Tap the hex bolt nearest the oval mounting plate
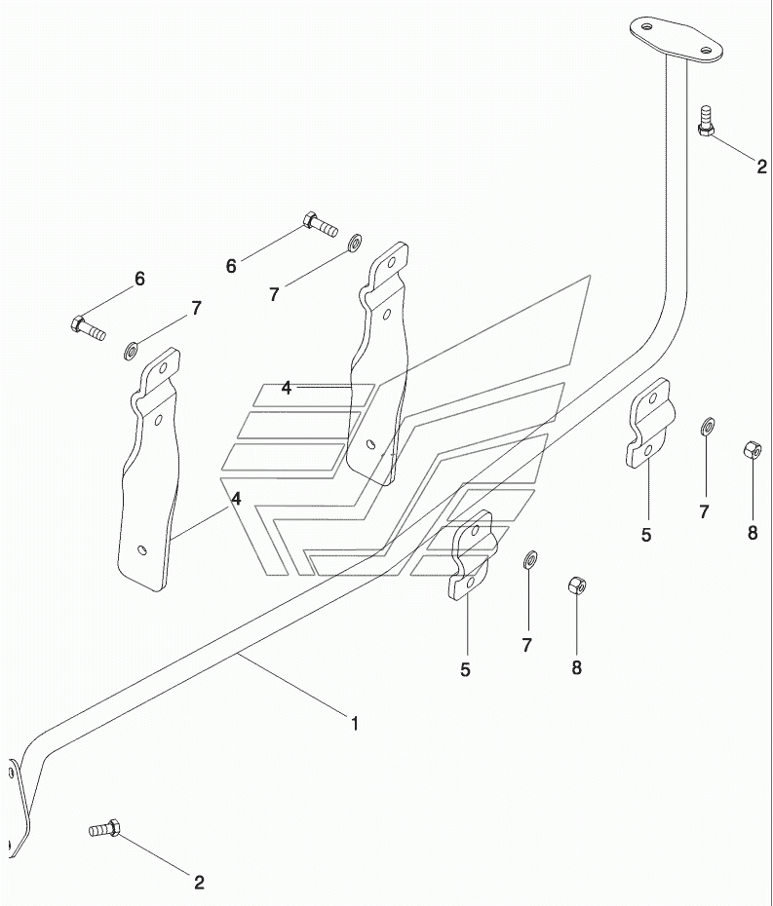tap(705, 121)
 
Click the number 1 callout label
tap(355, 724)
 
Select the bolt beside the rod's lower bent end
tap(104, 829)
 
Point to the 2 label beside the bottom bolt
tap(199, 883)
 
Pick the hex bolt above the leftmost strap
tap(88, 328)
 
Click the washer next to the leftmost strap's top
tap(131, 350)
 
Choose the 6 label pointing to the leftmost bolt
tap(140, 279)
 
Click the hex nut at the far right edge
tap(753, 449)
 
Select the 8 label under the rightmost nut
tap(753, 533)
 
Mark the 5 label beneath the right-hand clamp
tap(646, 535)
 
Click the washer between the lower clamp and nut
tap(529, 559)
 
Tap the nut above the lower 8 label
tap(578, 585)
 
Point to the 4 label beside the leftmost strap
tap(236, 498)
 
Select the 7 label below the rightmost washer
tap(704, 511)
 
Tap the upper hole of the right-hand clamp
tap(653, 397)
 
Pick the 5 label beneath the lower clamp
tap(465, 669)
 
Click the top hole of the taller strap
tap(392, 263)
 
